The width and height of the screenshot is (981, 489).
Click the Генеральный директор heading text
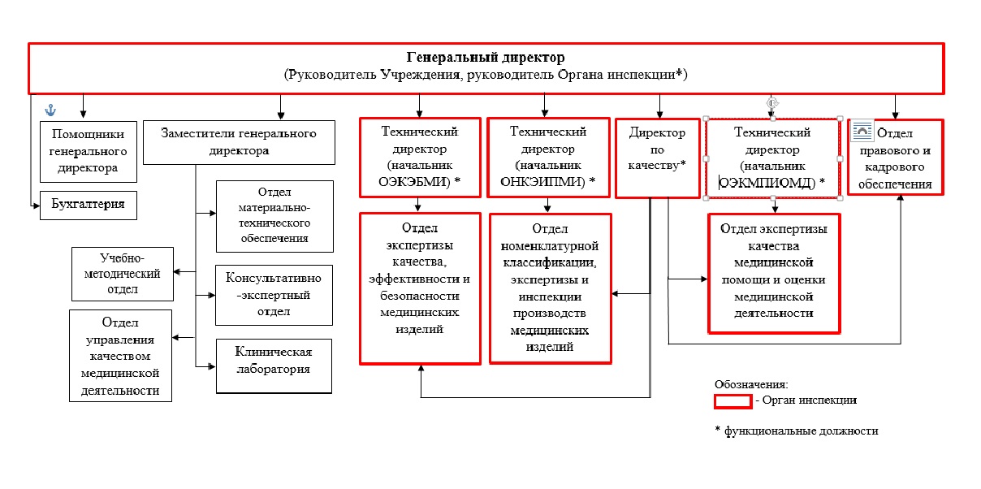[x=486, y=57]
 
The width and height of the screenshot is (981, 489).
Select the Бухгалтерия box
[x=89, y=205]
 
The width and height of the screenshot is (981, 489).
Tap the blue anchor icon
[x=51, y=110]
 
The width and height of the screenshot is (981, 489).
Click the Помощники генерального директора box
[x=89, y=152]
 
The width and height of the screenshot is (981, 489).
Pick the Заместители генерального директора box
[x=239, y=142]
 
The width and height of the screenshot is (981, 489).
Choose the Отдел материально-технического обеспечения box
[x=274, y=216]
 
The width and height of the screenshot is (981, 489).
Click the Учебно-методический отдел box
[x=123, y=274]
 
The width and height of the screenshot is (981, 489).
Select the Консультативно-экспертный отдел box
[x=274, y=295]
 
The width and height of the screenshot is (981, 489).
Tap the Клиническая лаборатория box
[x=274, y=366]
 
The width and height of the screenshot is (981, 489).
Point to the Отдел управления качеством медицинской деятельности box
[x=120, y=356]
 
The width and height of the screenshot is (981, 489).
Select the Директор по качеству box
[x=657, y=158]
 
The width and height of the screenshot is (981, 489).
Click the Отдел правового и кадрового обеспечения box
[x=896, y=157]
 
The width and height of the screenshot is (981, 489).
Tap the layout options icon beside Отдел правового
[x=862, y=131]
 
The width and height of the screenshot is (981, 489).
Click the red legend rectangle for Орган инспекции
[x=733, y=401]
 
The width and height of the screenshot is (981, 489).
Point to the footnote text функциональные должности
[x=801, y=431]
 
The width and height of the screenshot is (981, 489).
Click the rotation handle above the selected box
[x=772, y=103]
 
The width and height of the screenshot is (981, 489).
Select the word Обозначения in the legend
[x=751, y=385]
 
